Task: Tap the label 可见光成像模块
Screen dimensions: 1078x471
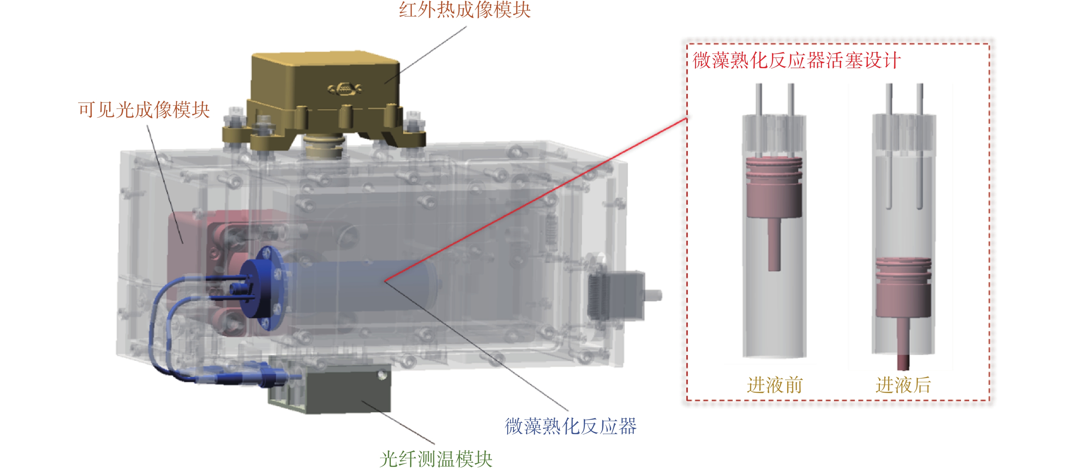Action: point(144,109)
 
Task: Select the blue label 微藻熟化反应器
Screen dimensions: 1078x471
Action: point(571,426)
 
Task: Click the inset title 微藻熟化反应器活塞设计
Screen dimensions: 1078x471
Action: point(797,60)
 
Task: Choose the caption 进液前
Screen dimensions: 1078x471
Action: point(774,385)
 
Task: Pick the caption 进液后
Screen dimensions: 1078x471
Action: point(903,385)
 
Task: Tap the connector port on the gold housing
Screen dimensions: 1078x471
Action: point(344,88)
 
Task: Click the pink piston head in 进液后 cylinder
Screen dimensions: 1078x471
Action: point(903,287)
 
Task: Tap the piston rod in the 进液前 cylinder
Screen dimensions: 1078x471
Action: point(774,244)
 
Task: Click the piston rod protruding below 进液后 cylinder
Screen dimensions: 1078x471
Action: point(903,362)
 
